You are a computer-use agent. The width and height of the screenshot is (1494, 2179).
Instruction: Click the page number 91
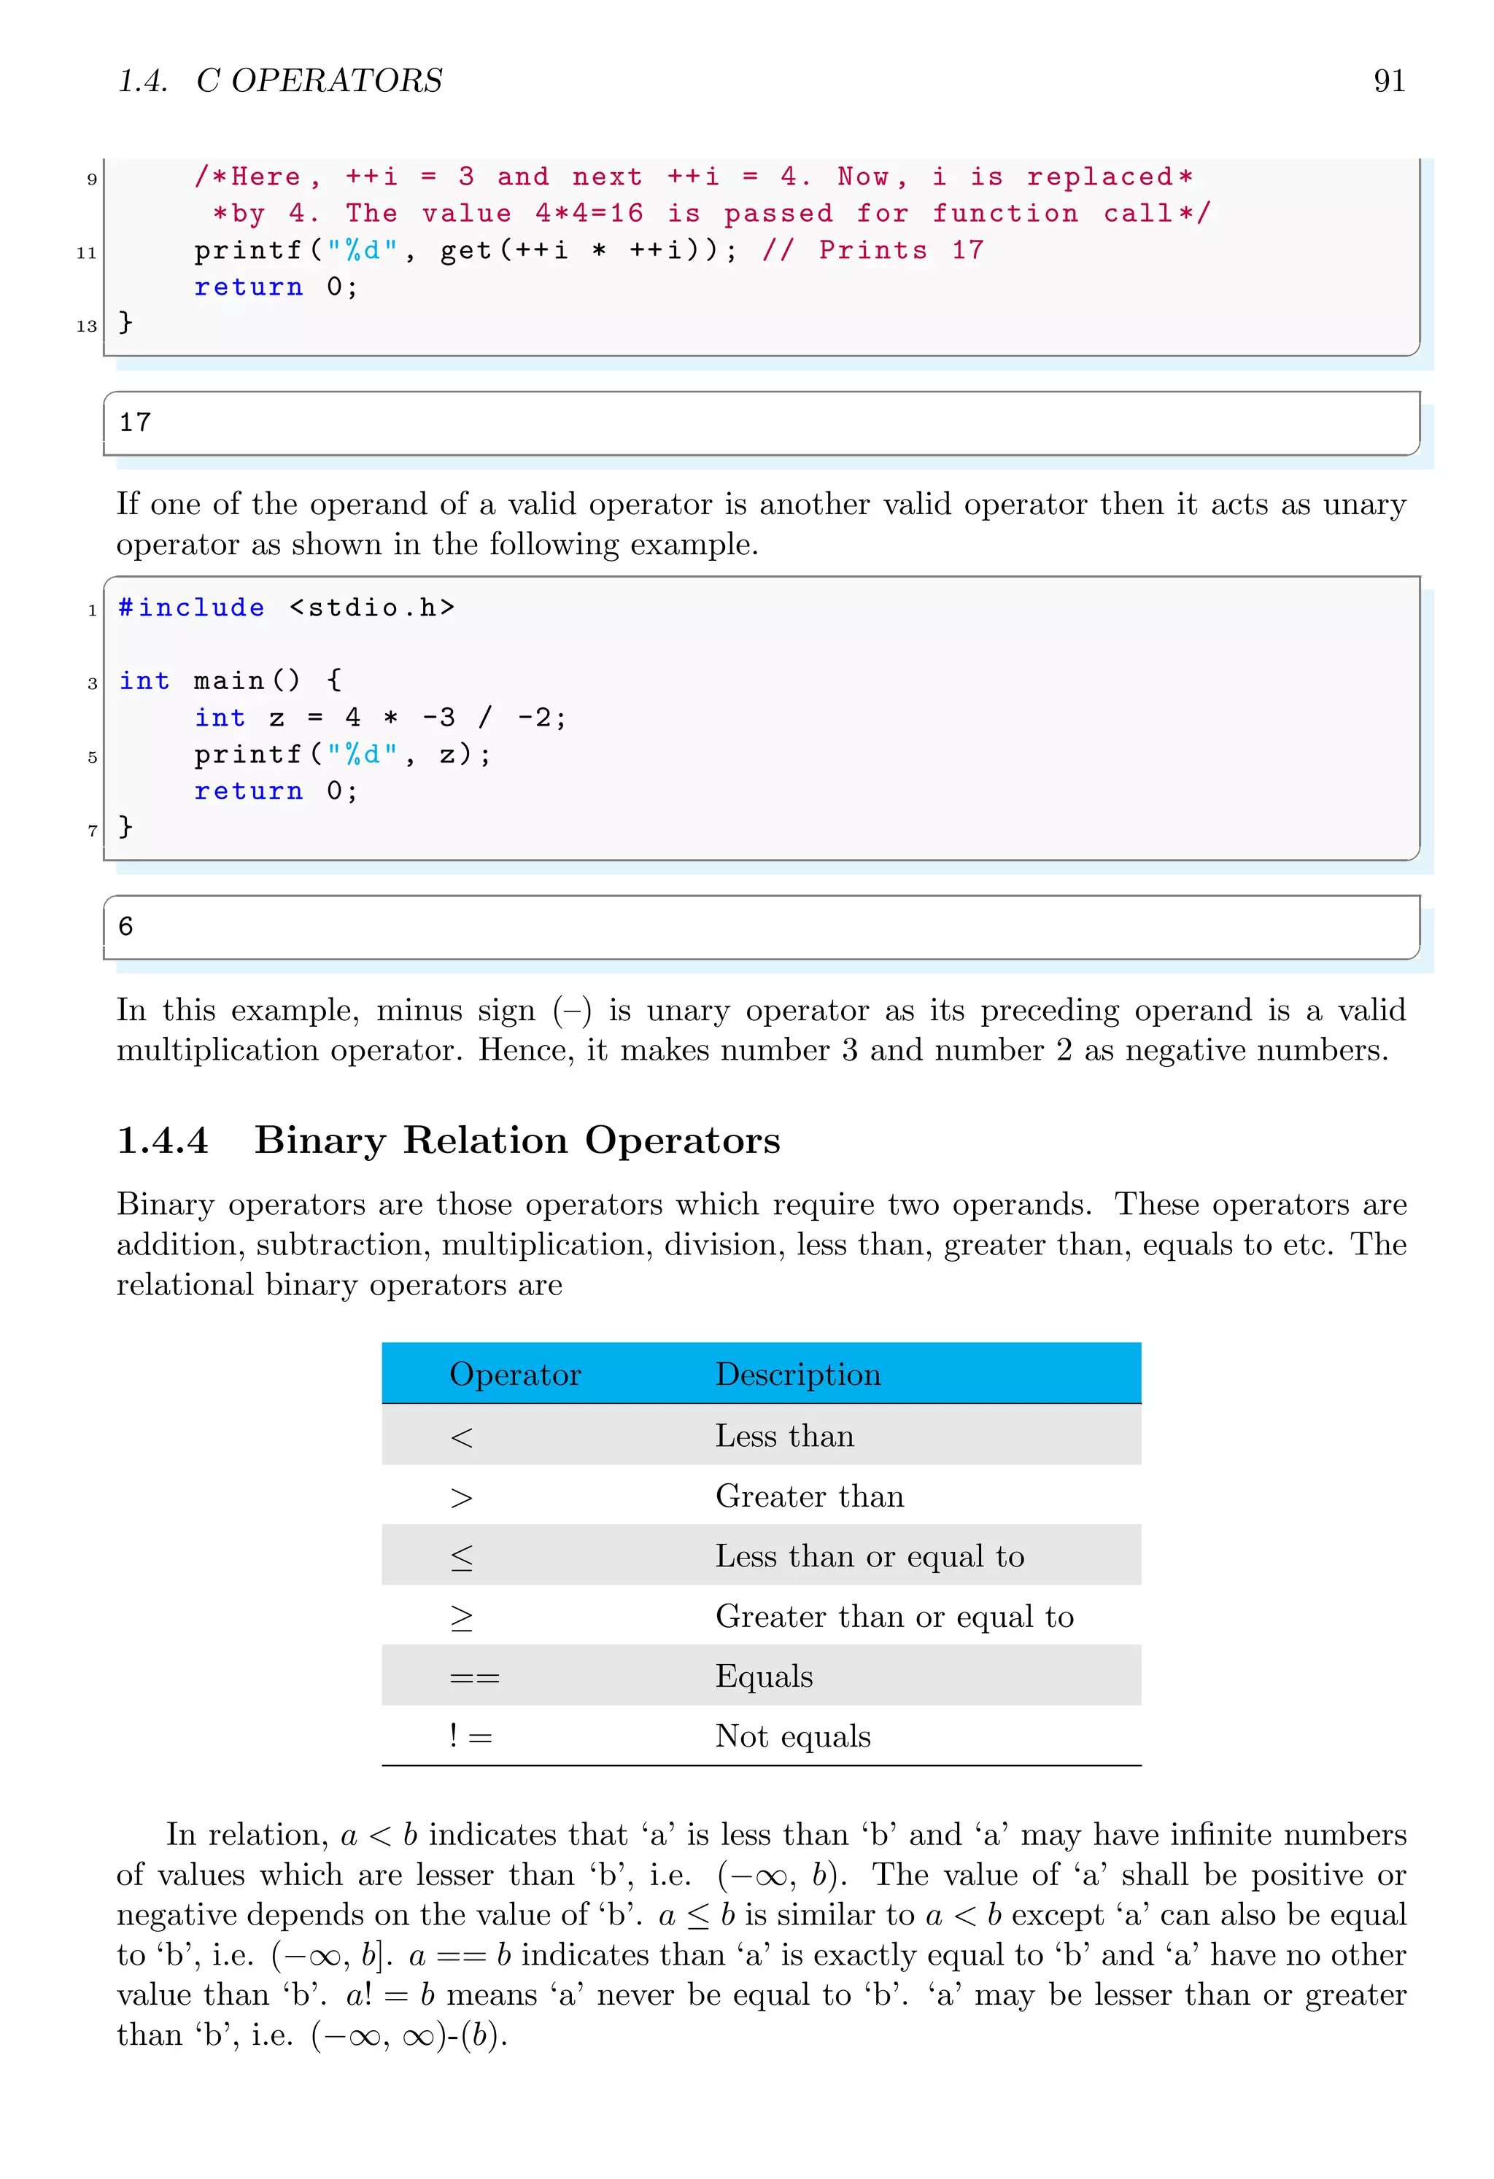coord(1388,82)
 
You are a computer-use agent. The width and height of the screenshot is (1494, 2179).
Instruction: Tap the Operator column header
coord(515,1374)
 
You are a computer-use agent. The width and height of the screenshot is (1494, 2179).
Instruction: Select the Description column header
coord(797,1374)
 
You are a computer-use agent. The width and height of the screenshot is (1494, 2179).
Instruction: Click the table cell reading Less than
coord(784,1435)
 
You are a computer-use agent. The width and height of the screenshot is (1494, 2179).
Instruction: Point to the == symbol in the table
coord(475,1677)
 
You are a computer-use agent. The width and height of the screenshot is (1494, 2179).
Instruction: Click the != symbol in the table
coord(470,1736)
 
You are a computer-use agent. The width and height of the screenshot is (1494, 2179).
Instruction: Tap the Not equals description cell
coord(792,1736)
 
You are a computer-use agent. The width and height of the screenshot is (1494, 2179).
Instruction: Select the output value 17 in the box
coord(135,423)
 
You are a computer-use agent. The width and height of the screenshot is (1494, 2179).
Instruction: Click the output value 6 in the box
coord(125,926)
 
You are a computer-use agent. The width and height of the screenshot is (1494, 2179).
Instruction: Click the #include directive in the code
coord(191,607)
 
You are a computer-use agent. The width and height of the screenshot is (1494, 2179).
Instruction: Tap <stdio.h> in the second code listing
coord(372,607)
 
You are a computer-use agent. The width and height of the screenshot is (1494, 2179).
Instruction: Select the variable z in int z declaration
coord(276,718)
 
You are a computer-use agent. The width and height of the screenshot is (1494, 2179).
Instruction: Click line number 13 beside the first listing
coord(86,326)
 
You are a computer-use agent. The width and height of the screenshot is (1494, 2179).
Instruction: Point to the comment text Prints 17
coord(900,250)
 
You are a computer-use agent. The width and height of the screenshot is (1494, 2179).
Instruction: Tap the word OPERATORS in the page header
coord(337,82)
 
